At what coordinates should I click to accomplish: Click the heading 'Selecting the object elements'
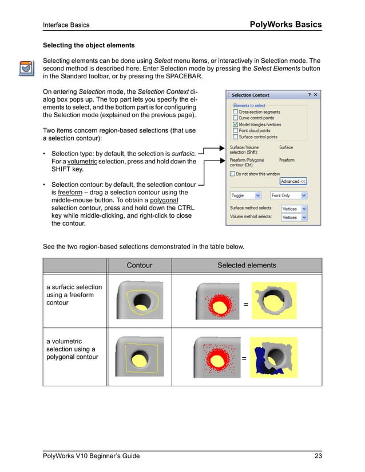point(89,45)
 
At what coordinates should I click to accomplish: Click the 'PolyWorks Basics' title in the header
point(285,25)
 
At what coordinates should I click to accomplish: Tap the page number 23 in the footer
point(317,455)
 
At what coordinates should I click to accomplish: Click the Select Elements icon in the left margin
point(25,68)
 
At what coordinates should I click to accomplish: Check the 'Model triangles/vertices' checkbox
point(235,124)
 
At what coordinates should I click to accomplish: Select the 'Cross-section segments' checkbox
point(235,112)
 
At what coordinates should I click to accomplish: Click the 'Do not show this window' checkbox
point(232,174)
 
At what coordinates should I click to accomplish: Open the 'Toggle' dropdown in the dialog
point(245,195)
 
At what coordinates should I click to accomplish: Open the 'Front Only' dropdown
point(289,195)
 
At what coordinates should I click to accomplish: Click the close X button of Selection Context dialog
point(315,95)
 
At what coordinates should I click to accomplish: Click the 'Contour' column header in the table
point(139,265)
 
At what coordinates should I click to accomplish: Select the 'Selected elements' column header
point(247,265)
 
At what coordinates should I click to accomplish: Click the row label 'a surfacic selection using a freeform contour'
point(74,295)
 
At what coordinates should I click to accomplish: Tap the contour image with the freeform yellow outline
point(139,300)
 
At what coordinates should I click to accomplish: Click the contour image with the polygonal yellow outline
point(139,356)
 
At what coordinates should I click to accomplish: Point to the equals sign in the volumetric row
point(244,359)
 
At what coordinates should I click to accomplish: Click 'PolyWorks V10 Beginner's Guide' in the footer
point(92,455)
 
